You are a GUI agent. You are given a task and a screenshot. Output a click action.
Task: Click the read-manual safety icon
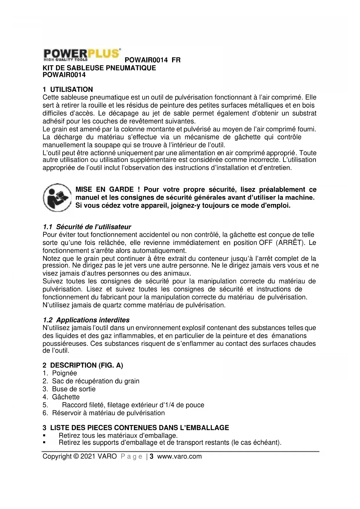57,198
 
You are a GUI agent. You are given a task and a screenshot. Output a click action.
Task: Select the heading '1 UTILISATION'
68,89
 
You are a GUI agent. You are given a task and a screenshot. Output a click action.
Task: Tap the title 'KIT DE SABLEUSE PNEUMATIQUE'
99,68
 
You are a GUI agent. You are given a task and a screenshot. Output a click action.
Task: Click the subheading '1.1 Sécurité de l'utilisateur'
87,227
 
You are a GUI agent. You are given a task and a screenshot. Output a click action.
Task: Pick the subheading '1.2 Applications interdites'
86,320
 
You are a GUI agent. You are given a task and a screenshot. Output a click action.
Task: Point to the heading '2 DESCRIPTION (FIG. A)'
83,365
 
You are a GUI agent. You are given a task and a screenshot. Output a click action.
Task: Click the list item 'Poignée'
64,373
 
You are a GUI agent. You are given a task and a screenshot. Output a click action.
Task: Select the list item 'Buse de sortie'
74,389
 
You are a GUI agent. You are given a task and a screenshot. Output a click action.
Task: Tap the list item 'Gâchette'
66,397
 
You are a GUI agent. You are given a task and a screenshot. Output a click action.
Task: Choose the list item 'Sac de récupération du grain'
96,381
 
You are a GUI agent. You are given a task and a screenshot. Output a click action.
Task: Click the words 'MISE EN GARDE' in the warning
104,190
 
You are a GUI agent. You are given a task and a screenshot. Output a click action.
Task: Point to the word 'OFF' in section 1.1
266,243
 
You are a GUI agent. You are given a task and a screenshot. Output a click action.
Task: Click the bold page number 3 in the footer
151,456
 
